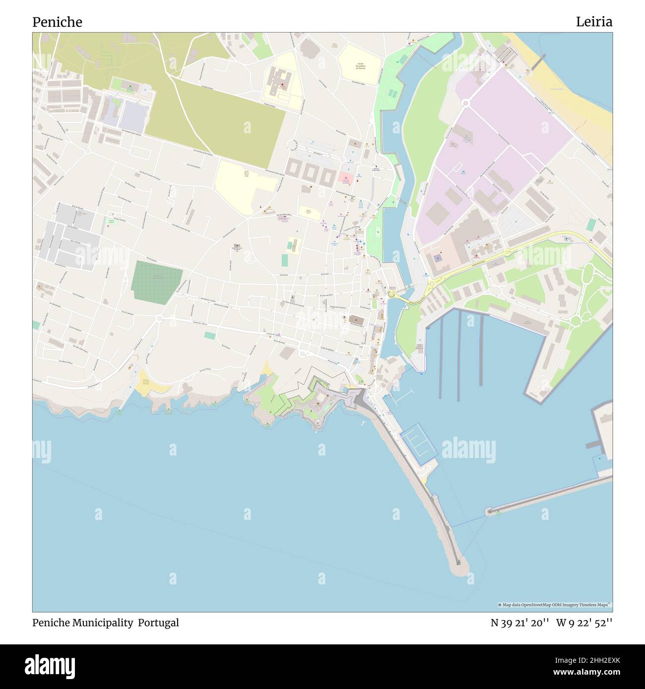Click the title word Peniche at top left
click(x=57, y=22)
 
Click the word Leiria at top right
click(x=594, y=22)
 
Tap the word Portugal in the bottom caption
click(x=158, y=623)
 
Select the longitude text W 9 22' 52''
click(x=584, y=623)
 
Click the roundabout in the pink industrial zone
click(x=465, y=103)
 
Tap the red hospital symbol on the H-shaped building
click(x=283, y=85)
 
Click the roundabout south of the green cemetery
click(x=159, y=318)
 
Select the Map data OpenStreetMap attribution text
click(x=554, y=605)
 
